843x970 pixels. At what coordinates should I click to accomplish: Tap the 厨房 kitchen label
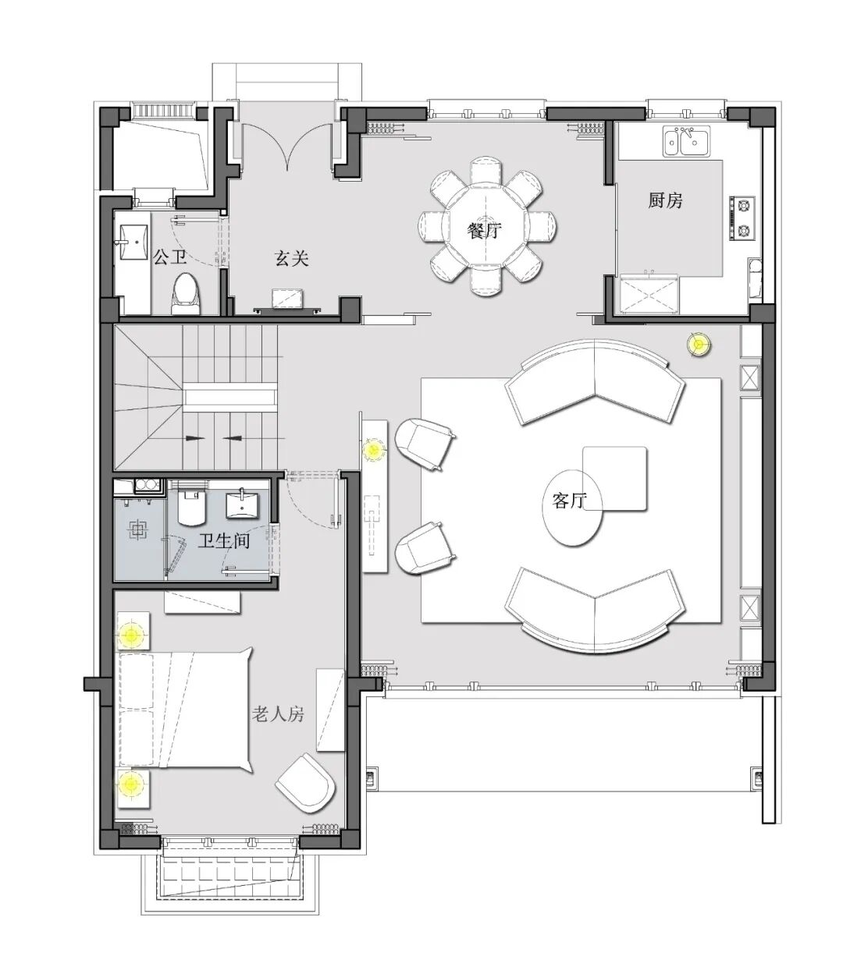665,200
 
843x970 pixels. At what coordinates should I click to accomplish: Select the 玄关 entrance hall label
291,258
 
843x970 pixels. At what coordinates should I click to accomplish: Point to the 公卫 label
169,257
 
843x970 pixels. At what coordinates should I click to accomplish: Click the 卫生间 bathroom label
223,540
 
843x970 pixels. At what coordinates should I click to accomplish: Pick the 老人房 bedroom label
278,713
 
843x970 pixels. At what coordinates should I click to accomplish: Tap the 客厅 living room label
569,500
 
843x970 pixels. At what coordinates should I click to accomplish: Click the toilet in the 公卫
187,294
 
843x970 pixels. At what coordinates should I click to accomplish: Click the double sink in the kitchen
686,140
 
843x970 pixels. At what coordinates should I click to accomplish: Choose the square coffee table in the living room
615,478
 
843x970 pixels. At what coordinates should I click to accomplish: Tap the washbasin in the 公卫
133,242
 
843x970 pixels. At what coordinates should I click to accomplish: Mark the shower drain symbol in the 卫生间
138,530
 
